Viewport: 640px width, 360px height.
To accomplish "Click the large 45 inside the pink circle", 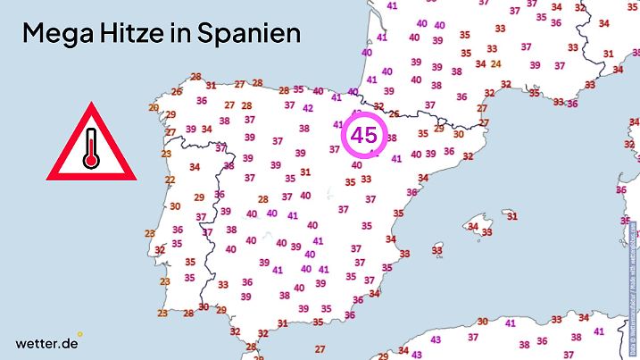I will coord(364,135).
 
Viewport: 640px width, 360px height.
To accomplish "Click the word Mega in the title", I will coord(61,34).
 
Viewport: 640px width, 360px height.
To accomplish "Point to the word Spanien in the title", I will coord(253,34).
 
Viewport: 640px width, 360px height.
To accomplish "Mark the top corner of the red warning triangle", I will coord(90,105).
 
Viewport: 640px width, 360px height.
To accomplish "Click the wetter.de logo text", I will coord(46,343).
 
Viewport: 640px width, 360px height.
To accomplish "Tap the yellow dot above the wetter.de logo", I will coord(79,334).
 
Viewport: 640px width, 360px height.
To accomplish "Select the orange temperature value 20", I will coord(154,108).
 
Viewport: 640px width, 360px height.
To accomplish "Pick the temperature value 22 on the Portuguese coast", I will coord(170,180).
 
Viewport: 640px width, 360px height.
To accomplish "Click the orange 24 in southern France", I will coord(495,63).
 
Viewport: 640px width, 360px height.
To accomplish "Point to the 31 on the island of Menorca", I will coord(511,216).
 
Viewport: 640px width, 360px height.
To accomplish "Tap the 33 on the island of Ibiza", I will coord(436,252).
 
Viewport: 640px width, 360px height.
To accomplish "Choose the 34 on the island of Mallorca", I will coord(472,226).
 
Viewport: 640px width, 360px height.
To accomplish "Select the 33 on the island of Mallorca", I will coord(487,232).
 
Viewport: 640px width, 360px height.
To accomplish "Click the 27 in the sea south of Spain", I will coord(319,348).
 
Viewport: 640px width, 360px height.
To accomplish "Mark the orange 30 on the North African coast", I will coord(483,322).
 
